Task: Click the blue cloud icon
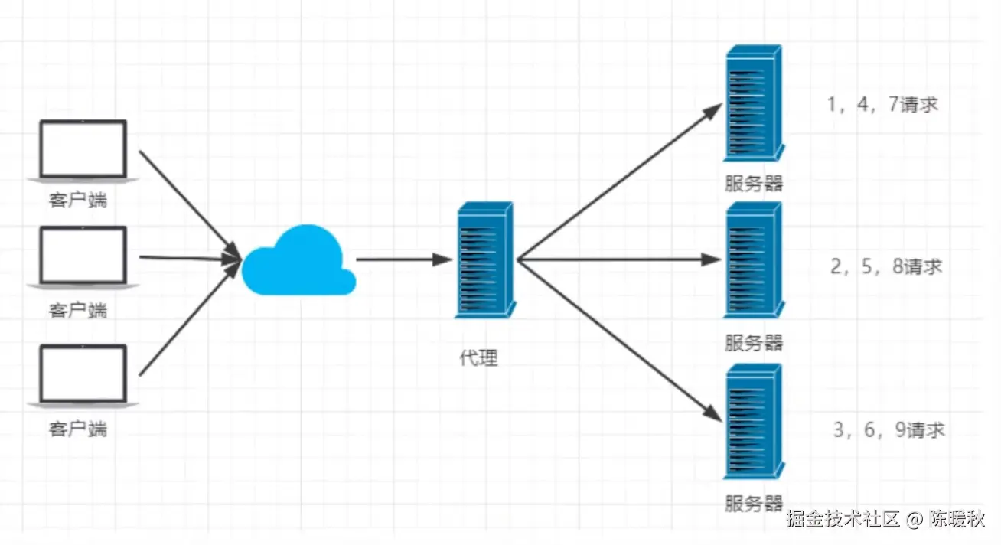click(298, 262)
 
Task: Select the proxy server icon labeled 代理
click(484, 259)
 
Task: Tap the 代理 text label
click(479, 358)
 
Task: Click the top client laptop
click(83, 151)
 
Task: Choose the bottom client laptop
click(83, 375)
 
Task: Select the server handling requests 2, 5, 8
click(754, 260)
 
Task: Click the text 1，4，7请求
click(882, 105)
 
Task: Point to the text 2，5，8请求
click(886, 267)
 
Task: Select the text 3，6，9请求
click(889, 430)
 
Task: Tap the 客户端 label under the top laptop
click(77, 201)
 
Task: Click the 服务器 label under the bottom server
click(754, 503)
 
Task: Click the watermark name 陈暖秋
click(957, 520)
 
